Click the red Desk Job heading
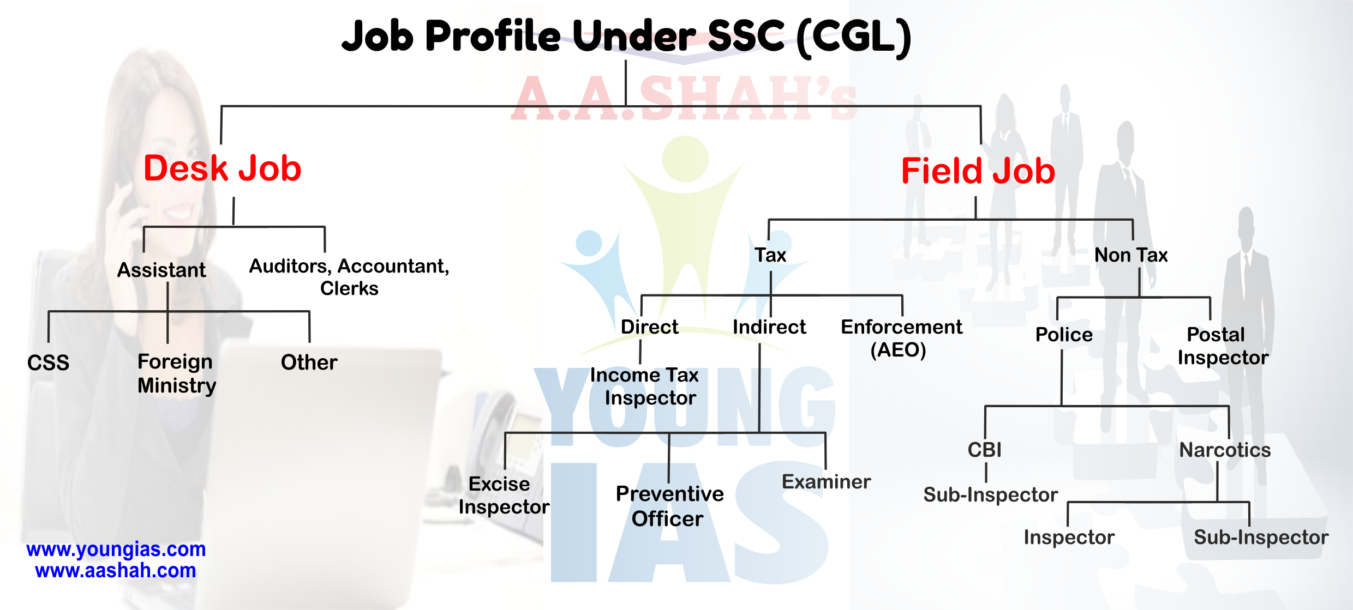pyautogui.click(x=222, y=168)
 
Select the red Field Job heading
pyautogui.click(x=978, y=171)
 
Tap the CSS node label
pyautogui.click(x=48, y=363)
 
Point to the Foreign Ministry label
pyautogui.click(x=177, y=373)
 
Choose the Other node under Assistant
pyautogui.click(x=309, y=363)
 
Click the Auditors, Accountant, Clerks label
pyautogui.click(x=349, y=277)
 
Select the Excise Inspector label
pyautogui.click(x=504, y=495)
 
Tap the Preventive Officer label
pyautogui.click(x=669, y=506)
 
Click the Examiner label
pyautogui.click(x=826, y=482)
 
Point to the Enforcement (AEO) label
pyautogui.click(x=901, y=338)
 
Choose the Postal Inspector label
pyautogui.click(x=1223, y=346)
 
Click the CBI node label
pyautogui.click(x=985, y=450)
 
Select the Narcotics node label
pyautogui.click(x=1225, y=450)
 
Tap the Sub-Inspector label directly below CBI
pyautogui.click(x=990, y=495)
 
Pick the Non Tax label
pyautogui.click(x=1131, y=255)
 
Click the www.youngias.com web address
pyautogui.click(x=116, y=549)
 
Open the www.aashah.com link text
pyautogui.click(x=116, y=571)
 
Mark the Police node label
pyautogui.click(x=1064, y=335)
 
